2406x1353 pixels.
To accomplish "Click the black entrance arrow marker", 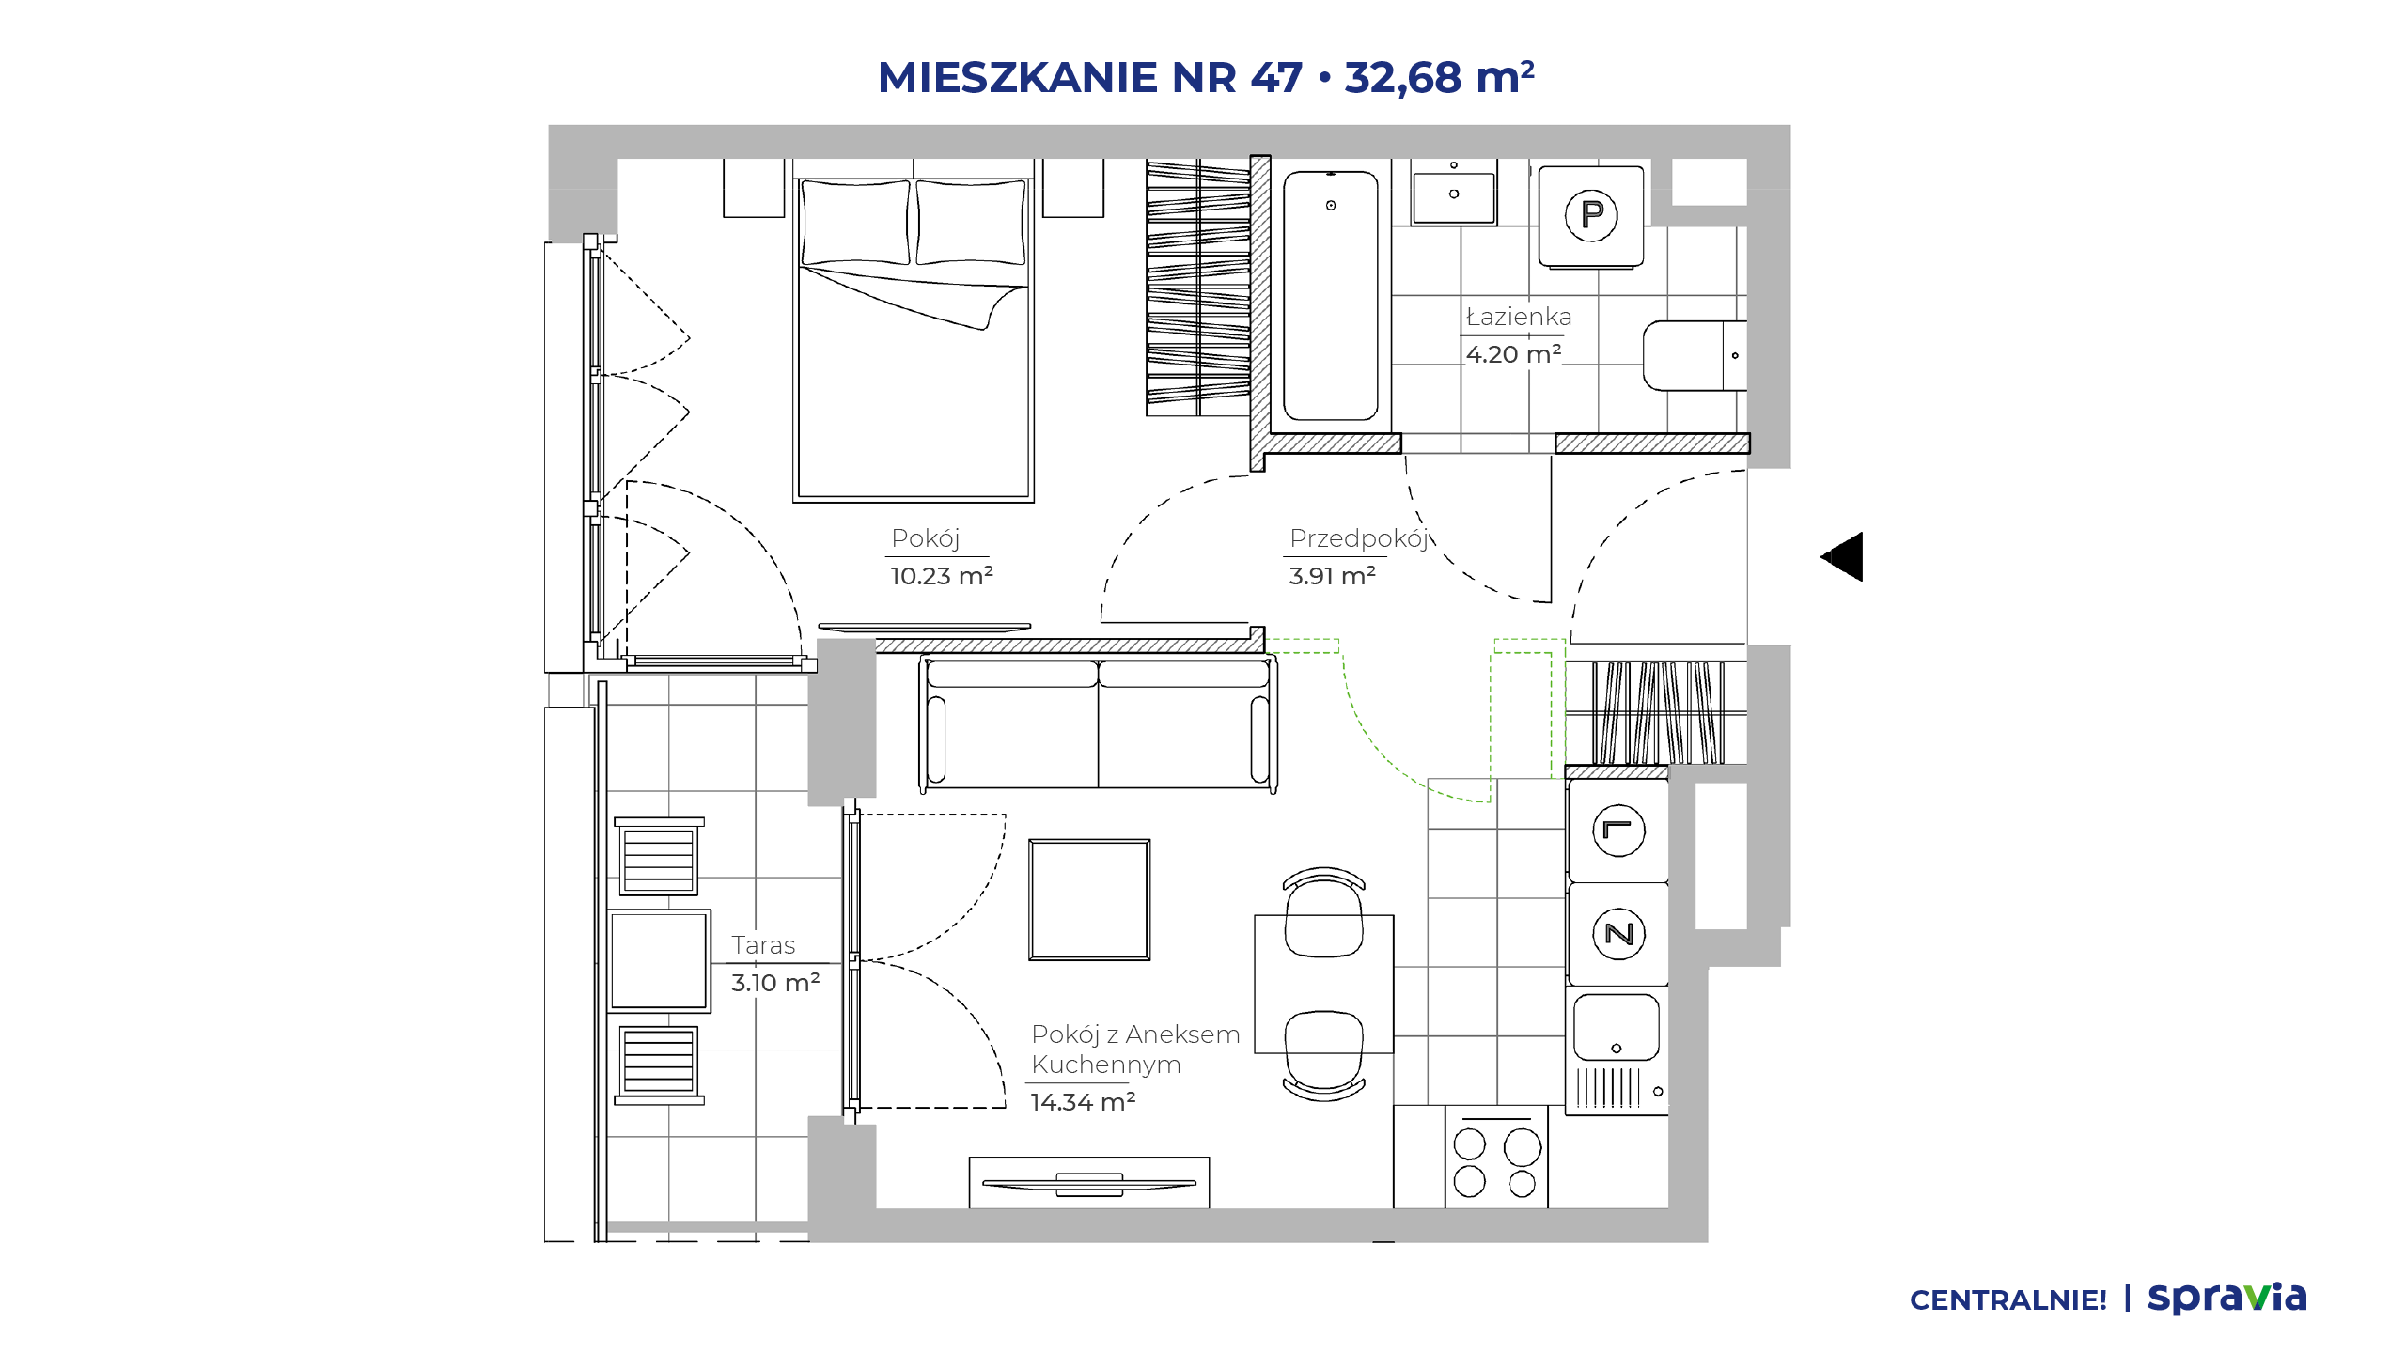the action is coord(1844,557).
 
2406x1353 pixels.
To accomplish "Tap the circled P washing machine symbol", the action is coord(1591,215).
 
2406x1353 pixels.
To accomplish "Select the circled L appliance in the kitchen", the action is coord(1618,831).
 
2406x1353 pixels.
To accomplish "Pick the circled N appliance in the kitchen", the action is coord(1618,934).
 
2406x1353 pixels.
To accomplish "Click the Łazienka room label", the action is coord(1519,317).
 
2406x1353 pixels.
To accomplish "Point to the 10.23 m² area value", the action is coord(942,575).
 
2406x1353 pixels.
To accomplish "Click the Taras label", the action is coord(763,945).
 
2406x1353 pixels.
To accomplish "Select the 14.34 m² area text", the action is coord(1083,1101).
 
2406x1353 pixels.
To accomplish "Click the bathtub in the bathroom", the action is coord(1331,295).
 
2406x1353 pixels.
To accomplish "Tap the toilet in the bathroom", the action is coord(1695,355).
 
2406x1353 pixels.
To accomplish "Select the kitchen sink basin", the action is coord(1617,1027).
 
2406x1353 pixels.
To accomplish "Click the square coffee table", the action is coord(1089,899).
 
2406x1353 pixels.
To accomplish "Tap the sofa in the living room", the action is coord(1098,723).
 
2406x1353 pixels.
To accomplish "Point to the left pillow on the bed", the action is coord(855,223).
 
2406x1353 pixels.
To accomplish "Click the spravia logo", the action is coord(2226,1299).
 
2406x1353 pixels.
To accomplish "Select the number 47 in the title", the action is coord(1276,77).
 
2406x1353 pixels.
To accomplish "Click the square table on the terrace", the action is coord(659,961).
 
